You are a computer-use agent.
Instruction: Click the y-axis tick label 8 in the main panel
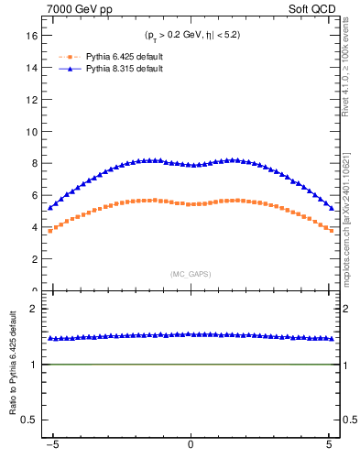34,164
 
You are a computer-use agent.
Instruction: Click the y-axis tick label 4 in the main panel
34,227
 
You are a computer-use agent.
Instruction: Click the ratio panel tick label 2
34,309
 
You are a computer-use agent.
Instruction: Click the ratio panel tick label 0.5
29,420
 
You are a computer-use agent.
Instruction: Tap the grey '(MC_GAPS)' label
191,274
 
